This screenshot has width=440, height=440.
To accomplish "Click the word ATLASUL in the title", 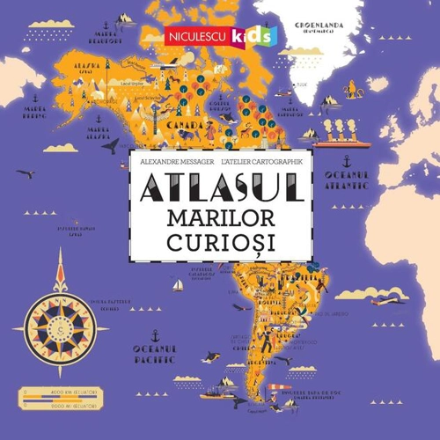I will (217, 187).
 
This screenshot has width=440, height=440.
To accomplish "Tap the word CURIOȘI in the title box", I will (217, 240).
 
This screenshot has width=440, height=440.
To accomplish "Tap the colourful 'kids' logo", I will (253, 36).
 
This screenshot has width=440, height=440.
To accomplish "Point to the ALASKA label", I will (88, 66).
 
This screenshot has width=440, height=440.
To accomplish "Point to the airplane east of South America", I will (384, 301).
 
